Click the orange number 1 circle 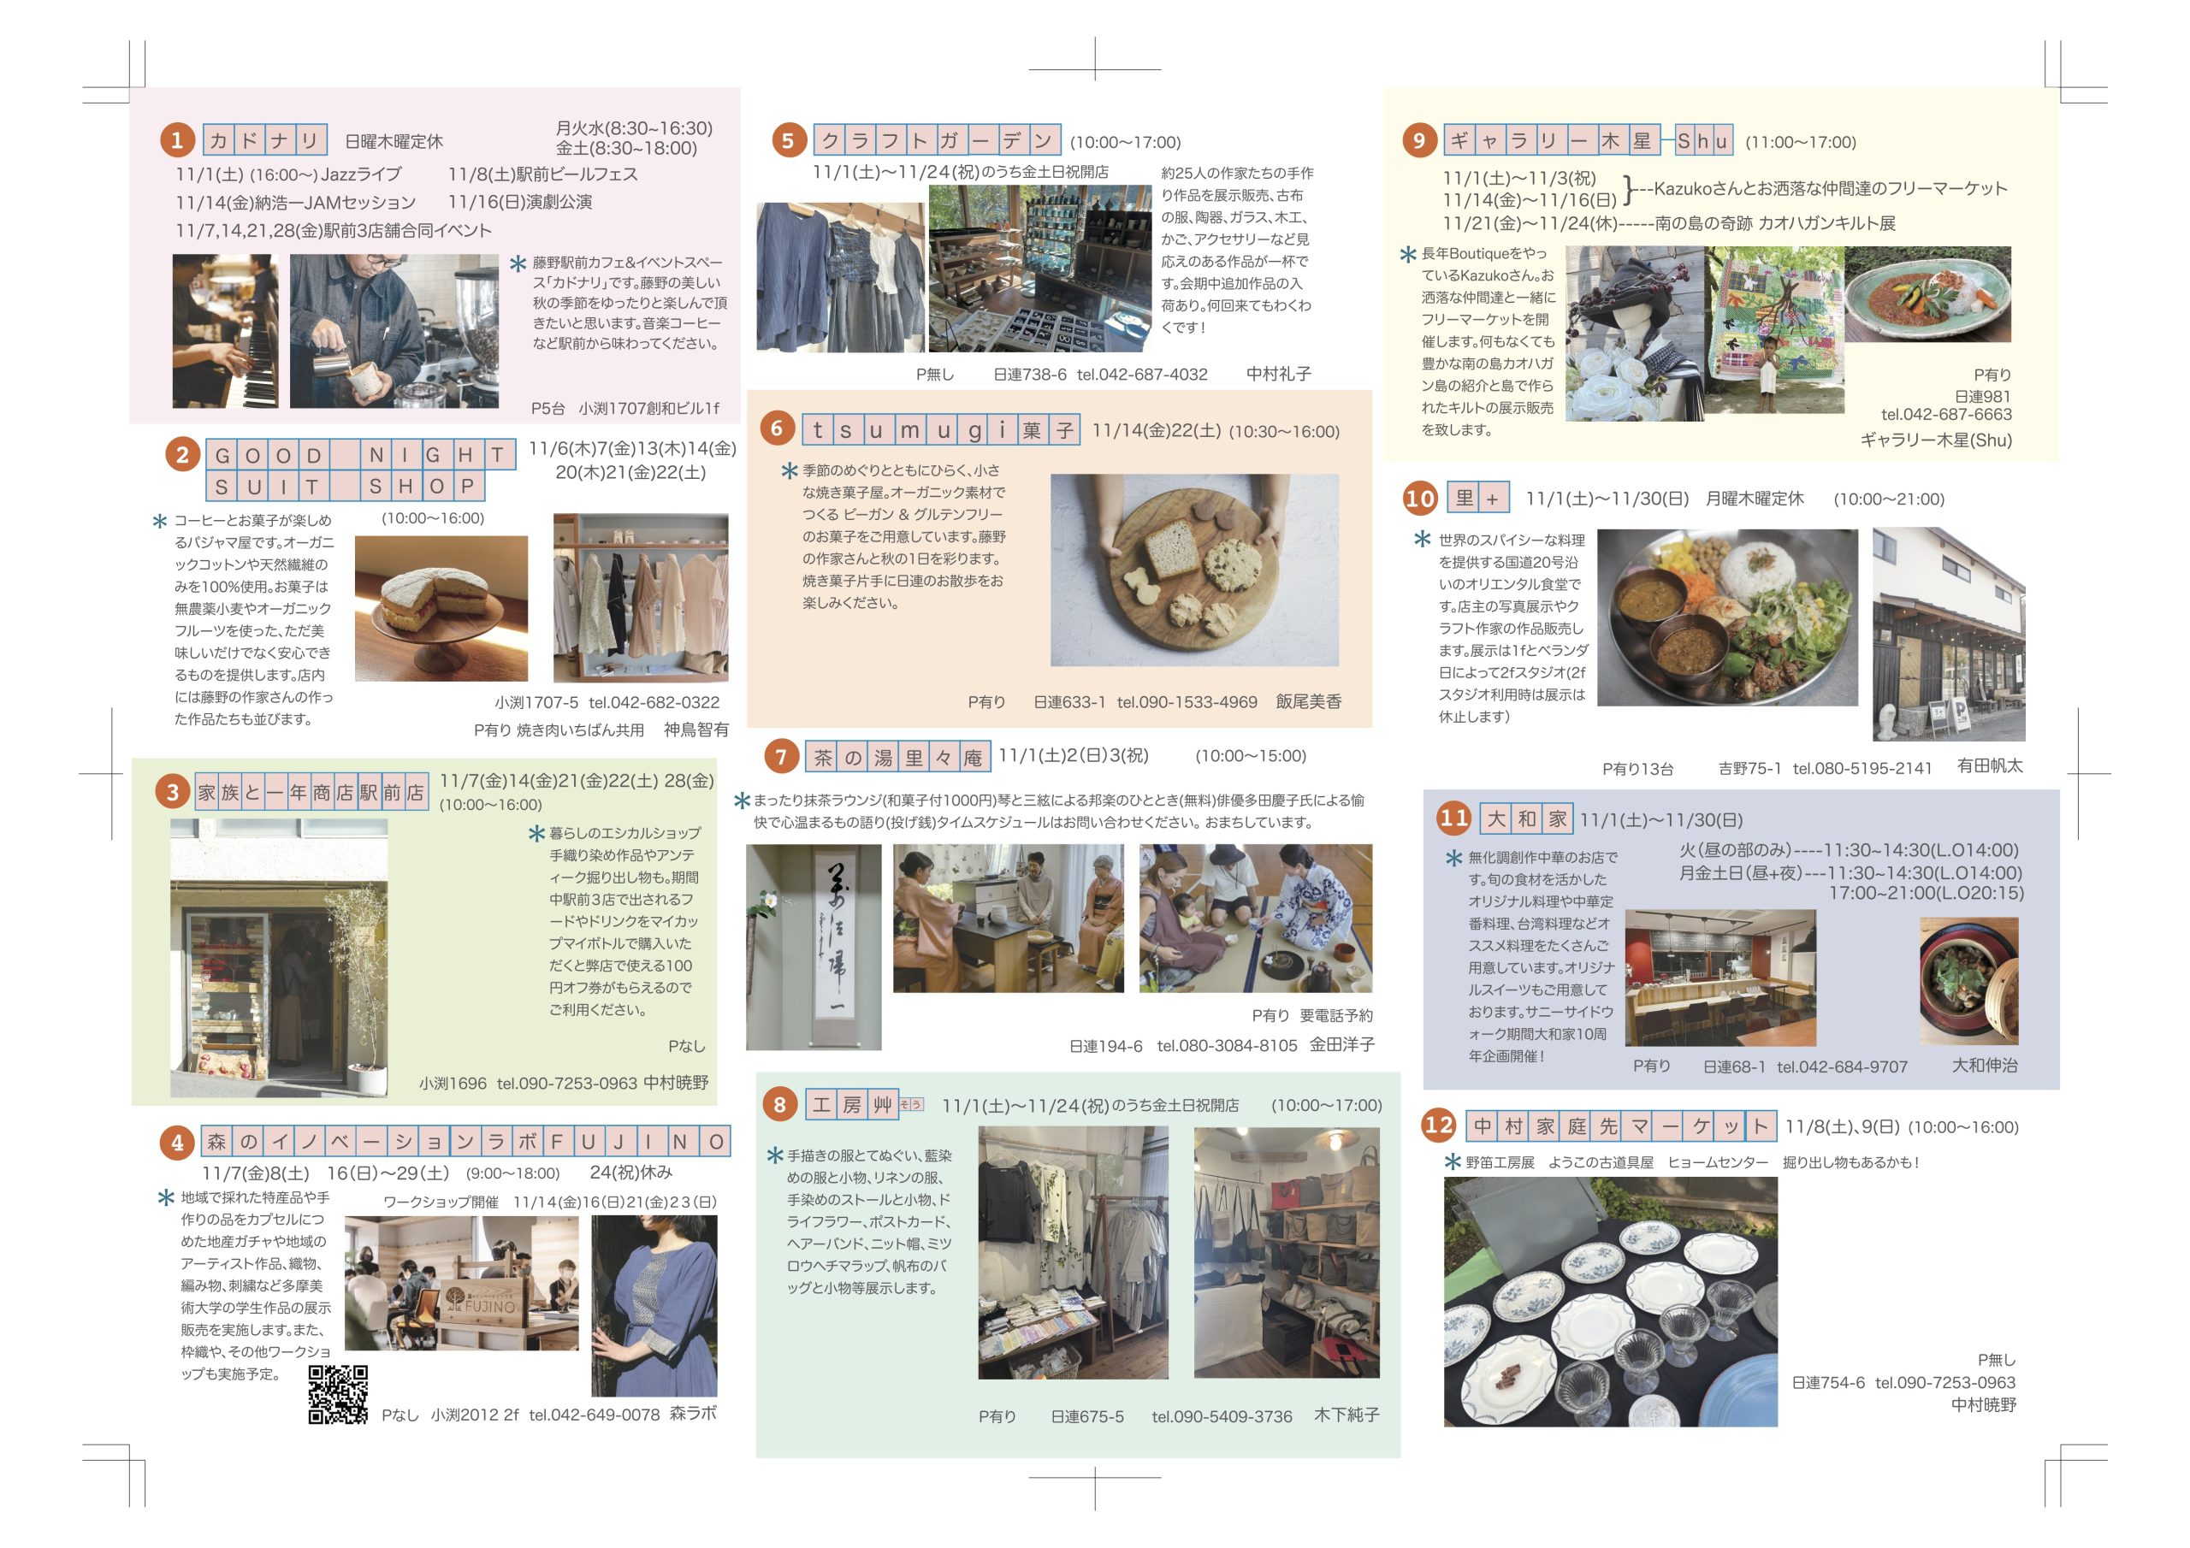pyautogui.click(x=176, y=141)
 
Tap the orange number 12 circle pyautogui.click(x=1438, y=1126)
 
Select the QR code pyautogui.click(x=338, y=1394)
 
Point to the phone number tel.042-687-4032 pyautogui.click(x=1142, y=375)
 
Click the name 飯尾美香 pyautogui.click(x=1309, y=702)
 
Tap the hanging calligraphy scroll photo pyautogui.click(x=814, y=947)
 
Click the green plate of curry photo pyautogui.click(x=1927, y=295)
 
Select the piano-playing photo pyautogui.click(x=226, y=331)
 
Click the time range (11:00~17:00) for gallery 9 pyautogui.click(x=1801, y=142)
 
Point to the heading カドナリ pyautogui.click(x=265, y=141)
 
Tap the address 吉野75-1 pyautogui.click(x=1749, y=769)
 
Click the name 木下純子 pyautogui.click(x=1347, y=1415)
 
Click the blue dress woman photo pyautogui.click(x=654, y=1306)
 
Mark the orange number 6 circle pyautogui.click(x=778, y=428)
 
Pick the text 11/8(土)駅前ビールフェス pyautogui.click(x=542, y=174)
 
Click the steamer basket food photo pyautogui.click(x=1968, y=982)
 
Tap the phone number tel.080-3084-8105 pyautogui.click(x=1227, y=1045)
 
